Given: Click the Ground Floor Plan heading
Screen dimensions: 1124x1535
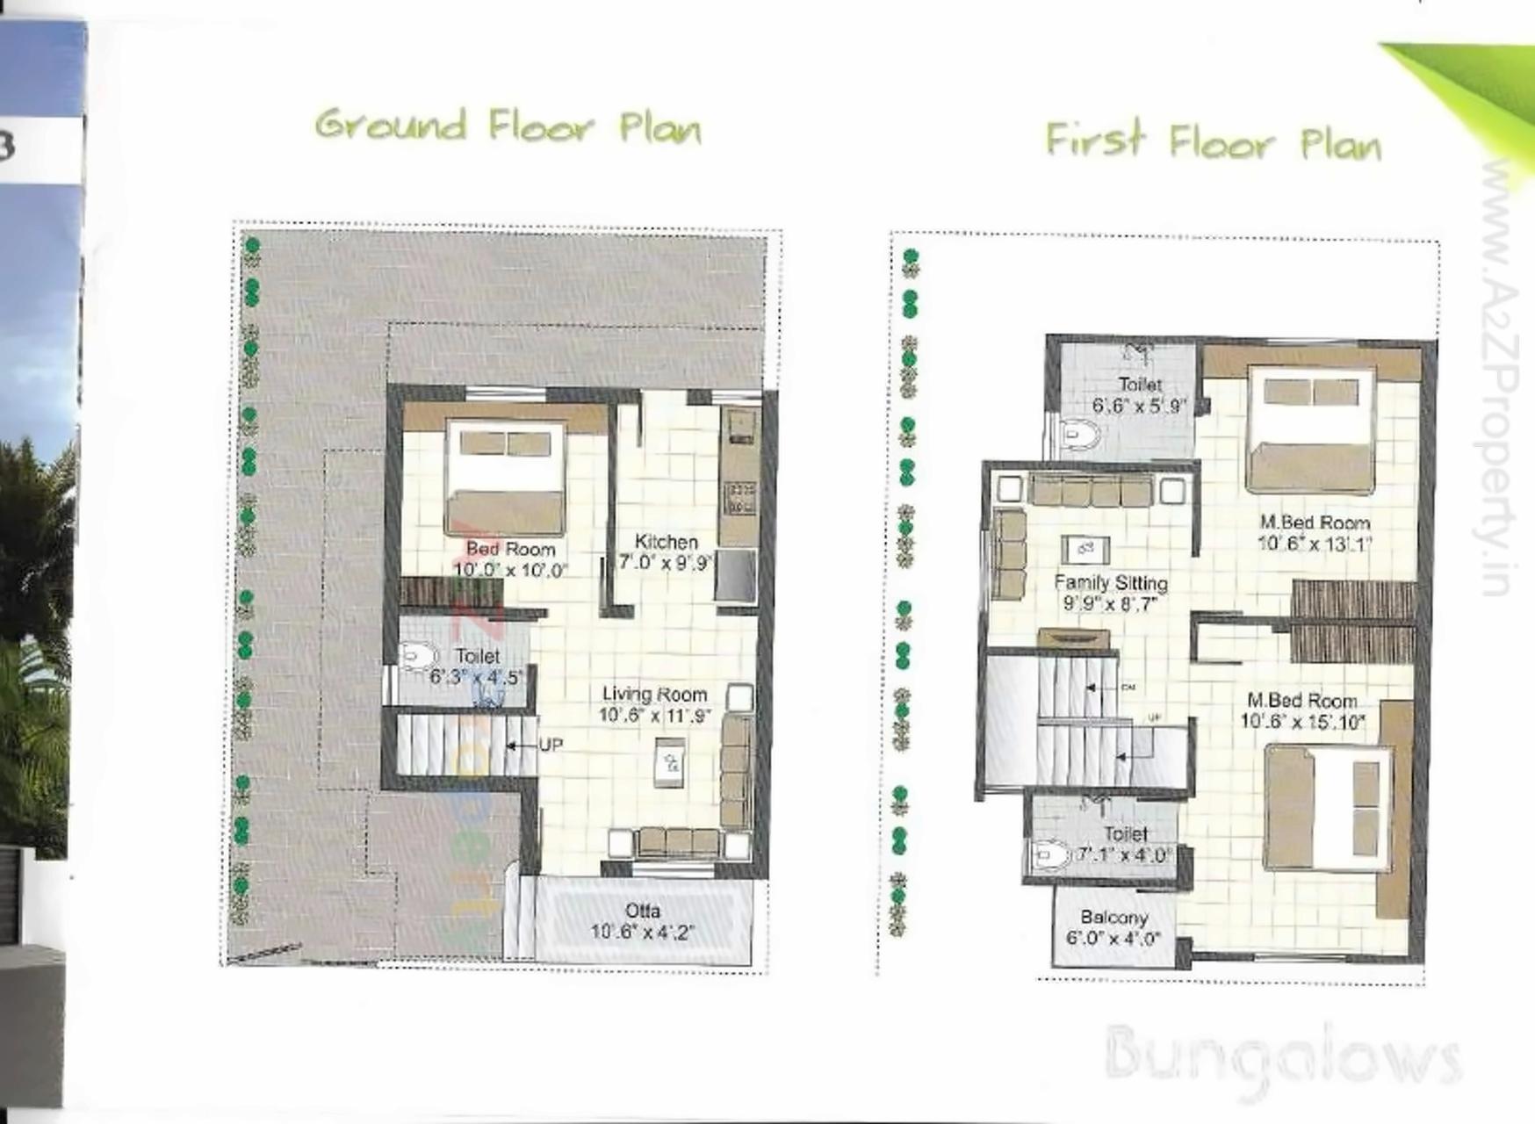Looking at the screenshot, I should (508, 128).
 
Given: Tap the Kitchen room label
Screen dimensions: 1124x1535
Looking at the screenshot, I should (666, 542).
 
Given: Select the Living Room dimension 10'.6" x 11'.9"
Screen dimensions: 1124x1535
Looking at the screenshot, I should (654, 716).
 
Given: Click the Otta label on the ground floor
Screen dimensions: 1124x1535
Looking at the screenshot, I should (643, 911).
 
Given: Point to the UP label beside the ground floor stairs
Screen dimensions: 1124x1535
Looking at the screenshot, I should (551, 745).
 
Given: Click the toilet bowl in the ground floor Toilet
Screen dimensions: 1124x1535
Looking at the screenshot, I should (419, 656).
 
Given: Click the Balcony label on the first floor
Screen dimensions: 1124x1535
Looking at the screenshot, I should (1114, 917).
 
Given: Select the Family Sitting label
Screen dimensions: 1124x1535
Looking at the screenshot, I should (1111, 582).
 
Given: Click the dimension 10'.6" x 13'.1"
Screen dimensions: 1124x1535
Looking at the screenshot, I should (1315, 544).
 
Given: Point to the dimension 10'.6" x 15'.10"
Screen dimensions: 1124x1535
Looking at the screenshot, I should (1302, 722).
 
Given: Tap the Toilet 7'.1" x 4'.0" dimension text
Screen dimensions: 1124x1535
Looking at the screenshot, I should (1125, 854).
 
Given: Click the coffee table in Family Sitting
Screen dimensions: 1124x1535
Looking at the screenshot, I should (1085, 550).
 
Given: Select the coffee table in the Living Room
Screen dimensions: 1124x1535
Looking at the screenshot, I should (671, 761).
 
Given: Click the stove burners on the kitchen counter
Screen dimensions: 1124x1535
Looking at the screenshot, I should (739, 498).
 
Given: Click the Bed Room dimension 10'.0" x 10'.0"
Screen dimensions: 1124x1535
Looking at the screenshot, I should (510, 570).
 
